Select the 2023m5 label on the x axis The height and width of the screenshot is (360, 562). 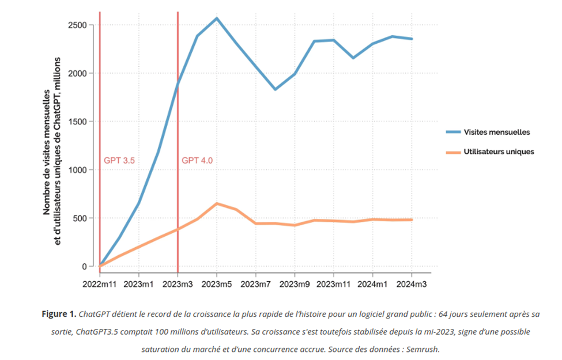[x=217, y=284]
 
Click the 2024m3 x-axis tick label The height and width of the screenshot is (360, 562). [x=412, y=284]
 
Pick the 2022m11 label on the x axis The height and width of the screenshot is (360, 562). [x=100, y=284]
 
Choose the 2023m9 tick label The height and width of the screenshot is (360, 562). [x=295, y=284]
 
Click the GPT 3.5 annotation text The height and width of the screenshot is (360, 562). [x=119, y=161]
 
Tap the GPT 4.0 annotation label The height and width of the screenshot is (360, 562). [x=197, y=161]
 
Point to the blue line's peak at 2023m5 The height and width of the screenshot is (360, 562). [x=217, y=18]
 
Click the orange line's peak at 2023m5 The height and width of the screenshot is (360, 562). [x=217, y=203]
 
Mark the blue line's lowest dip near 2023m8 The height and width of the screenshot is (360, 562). [x=275, y=89]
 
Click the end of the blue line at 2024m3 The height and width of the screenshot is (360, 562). [x=412, y=39]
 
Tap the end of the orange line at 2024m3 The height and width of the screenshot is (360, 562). [x=412, y=219]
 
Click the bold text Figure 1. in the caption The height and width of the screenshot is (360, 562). [x=59, y=314]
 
